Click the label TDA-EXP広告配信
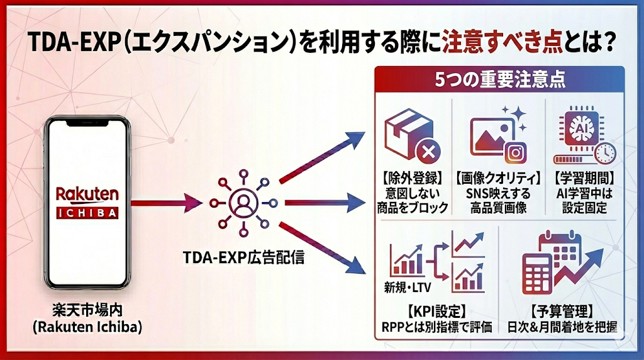242,257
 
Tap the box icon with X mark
412,135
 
